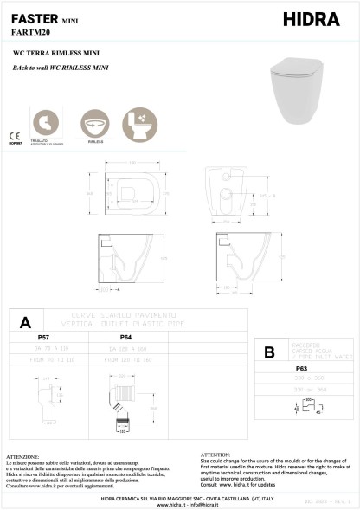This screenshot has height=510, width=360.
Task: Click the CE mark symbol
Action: pos(14,135)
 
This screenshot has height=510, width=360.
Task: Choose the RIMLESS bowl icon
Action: pos(96,126)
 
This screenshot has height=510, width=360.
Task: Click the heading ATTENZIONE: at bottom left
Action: pos(22,455)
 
